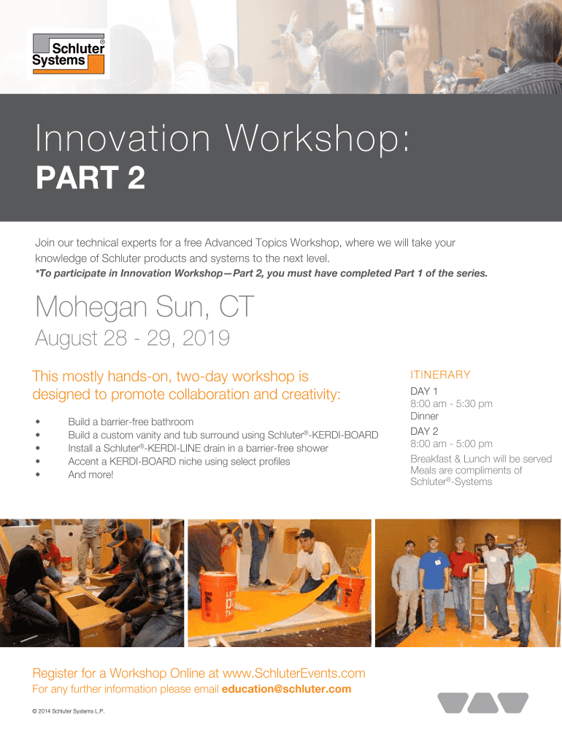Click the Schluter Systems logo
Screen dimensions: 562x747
68,54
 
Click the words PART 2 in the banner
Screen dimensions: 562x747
90,177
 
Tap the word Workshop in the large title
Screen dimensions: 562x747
317,139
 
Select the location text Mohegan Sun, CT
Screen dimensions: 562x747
145,306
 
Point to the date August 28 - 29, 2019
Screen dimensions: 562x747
133,338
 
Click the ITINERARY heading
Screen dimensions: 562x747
440,374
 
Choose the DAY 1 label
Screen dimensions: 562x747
424,391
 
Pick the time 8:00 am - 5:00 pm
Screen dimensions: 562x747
451,444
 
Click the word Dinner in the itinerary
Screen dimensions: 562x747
424,416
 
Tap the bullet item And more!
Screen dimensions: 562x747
91,474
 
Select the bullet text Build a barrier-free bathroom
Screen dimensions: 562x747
131,422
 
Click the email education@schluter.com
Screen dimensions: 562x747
287,689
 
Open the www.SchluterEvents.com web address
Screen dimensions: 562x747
293,673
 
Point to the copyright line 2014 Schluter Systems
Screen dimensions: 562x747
68,711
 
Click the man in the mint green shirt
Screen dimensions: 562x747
523,591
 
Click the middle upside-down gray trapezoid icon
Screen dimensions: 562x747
483,703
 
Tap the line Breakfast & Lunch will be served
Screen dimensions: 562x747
481,459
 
